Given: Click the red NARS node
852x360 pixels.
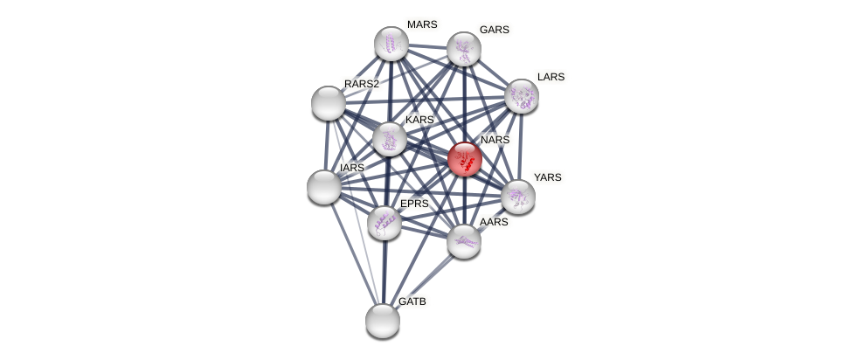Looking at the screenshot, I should (x=464, y=160).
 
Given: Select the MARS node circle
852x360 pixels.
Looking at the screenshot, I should (x=391, y=44).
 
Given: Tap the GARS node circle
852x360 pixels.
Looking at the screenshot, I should (x=463, y=49).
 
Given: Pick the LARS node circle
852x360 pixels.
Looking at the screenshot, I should (x=522, y=96).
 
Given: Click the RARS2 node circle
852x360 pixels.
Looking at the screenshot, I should (x=329, y=103).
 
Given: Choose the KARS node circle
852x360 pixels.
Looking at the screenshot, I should (x=389, y=139).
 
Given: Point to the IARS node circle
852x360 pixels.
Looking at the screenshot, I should (x=324, y=187).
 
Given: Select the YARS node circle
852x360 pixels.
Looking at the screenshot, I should (x=517, y=197).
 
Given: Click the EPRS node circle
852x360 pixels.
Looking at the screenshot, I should (x=384, y=223).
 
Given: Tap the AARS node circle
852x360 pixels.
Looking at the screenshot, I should (x=463, y=241).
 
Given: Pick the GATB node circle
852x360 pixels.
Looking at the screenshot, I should (x=382, y=321).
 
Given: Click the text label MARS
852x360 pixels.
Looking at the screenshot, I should (x=422, y=24).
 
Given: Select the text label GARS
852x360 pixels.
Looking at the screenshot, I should (x=494, y=30).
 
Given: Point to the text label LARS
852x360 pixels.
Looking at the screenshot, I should (x=551, y=77).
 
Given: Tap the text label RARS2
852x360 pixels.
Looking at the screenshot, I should (x=362, y=84).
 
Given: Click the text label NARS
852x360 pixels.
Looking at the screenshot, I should (x=495, y=140).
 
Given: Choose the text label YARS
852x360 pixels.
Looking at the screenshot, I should (x=548, y=177).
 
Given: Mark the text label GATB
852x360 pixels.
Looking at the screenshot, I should (x=412, y=301).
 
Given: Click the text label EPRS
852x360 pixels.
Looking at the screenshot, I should (x=414, y=204).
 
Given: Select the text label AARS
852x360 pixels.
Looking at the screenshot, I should (x=494, y=222).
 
